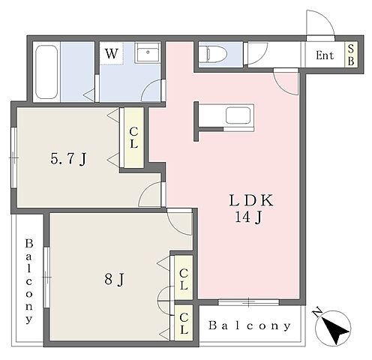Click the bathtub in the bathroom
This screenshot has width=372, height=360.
tap(46, 72)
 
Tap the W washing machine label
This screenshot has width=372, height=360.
tap(111, 53)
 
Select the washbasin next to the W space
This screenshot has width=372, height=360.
tap(148, 52)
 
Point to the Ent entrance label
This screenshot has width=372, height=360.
tap(325, 55)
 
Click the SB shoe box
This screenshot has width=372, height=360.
tap(351, 55)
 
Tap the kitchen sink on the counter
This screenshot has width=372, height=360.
tap(238, 115)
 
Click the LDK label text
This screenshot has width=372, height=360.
tap(251, 200)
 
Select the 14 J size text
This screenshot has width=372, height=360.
tap(248, 217)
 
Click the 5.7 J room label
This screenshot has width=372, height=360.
tap(68, 159)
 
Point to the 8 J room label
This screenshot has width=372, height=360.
tap(114, 279)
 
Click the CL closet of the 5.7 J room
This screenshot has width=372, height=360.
tap(133, 137)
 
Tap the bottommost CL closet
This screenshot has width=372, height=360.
tap(184, 322)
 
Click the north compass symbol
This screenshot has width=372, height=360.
tap(333, 328)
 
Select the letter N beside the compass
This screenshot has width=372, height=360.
tap(318, 312)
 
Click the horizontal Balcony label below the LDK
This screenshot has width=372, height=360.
tap(250, 325)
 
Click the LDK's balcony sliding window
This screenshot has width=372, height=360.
tap(249, 302)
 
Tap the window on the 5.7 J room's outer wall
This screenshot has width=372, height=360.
tap(14, 157)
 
